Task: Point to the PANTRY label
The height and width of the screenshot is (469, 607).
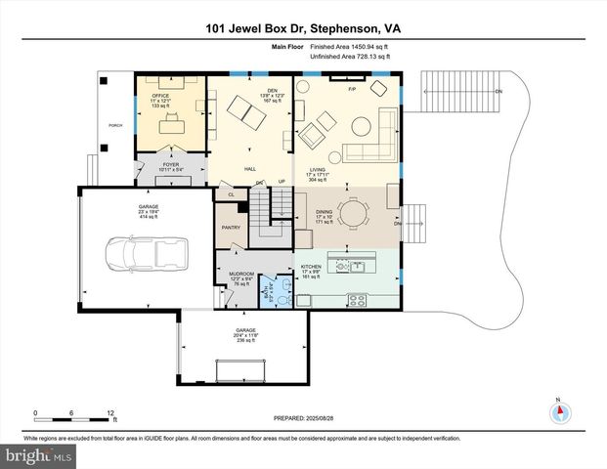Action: pos(231,228)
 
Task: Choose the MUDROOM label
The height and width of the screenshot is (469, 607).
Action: pos(241,274)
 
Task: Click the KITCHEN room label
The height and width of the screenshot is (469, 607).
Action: pos(312,267)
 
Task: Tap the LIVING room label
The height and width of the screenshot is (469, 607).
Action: pos(317,169)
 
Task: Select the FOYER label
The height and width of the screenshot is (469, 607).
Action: pos(171,165)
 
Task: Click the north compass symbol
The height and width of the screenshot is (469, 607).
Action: pos(560,412)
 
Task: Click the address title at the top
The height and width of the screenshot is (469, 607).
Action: pos(303,28)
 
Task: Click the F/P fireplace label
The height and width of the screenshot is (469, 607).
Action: pos(353,88)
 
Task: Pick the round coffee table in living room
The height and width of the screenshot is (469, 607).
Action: pos(362,124)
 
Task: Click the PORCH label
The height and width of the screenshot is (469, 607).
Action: pos(114,126)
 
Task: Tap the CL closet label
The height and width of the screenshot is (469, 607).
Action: pos(231,194)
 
